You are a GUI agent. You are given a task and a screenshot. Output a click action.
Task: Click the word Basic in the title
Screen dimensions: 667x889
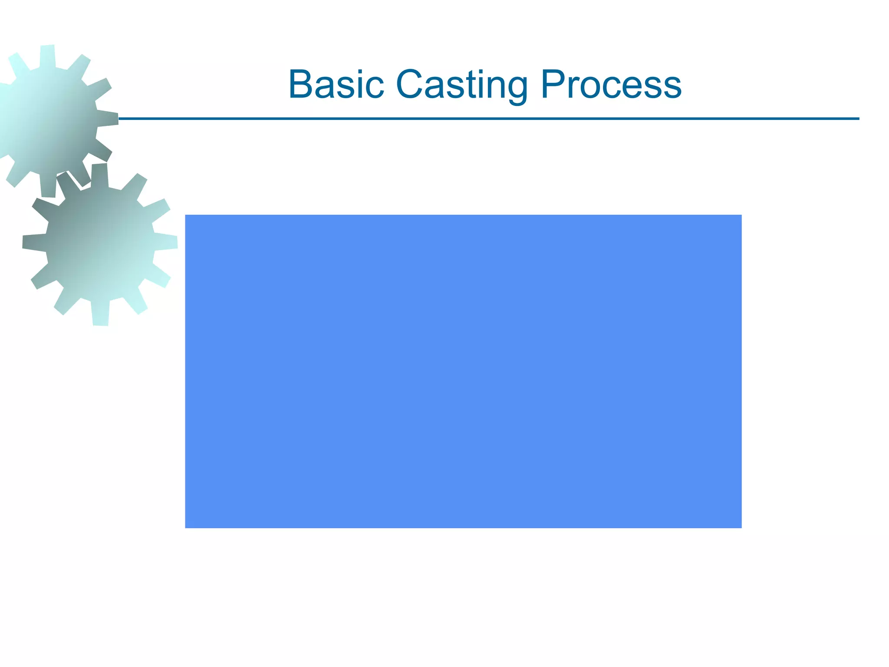(x=336, y=84)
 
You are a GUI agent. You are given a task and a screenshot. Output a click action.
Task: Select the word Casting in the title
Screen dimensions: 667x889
(x=462, y=85)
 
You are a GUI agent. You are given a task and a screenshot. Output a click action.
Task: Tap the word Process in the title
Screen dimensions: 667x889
(x=611, y=84)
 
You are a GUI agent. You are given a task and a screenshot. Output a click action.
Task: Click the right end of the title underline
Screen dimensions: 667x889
(x=859, y=119)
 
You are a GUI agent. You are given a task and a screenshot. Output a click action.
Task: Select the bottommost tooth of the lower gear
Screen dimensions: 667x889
(x=100, y=316)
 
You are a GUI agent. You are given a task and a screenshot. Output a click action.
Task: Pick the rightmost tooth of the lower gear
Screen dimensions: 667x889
(x=169, y=242)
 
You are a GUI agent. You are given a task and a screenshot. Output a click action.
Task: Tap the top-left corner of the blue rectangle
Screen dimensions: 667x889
(x=186, y=215)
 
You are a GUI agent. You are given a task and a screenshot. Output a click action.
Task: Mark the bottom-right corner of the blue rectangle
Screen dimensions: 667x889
(x=741, y=527)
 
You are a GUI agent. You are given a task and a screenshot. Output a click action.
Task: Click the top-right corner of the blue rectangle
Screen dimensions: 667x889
(x=741, y=215)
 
